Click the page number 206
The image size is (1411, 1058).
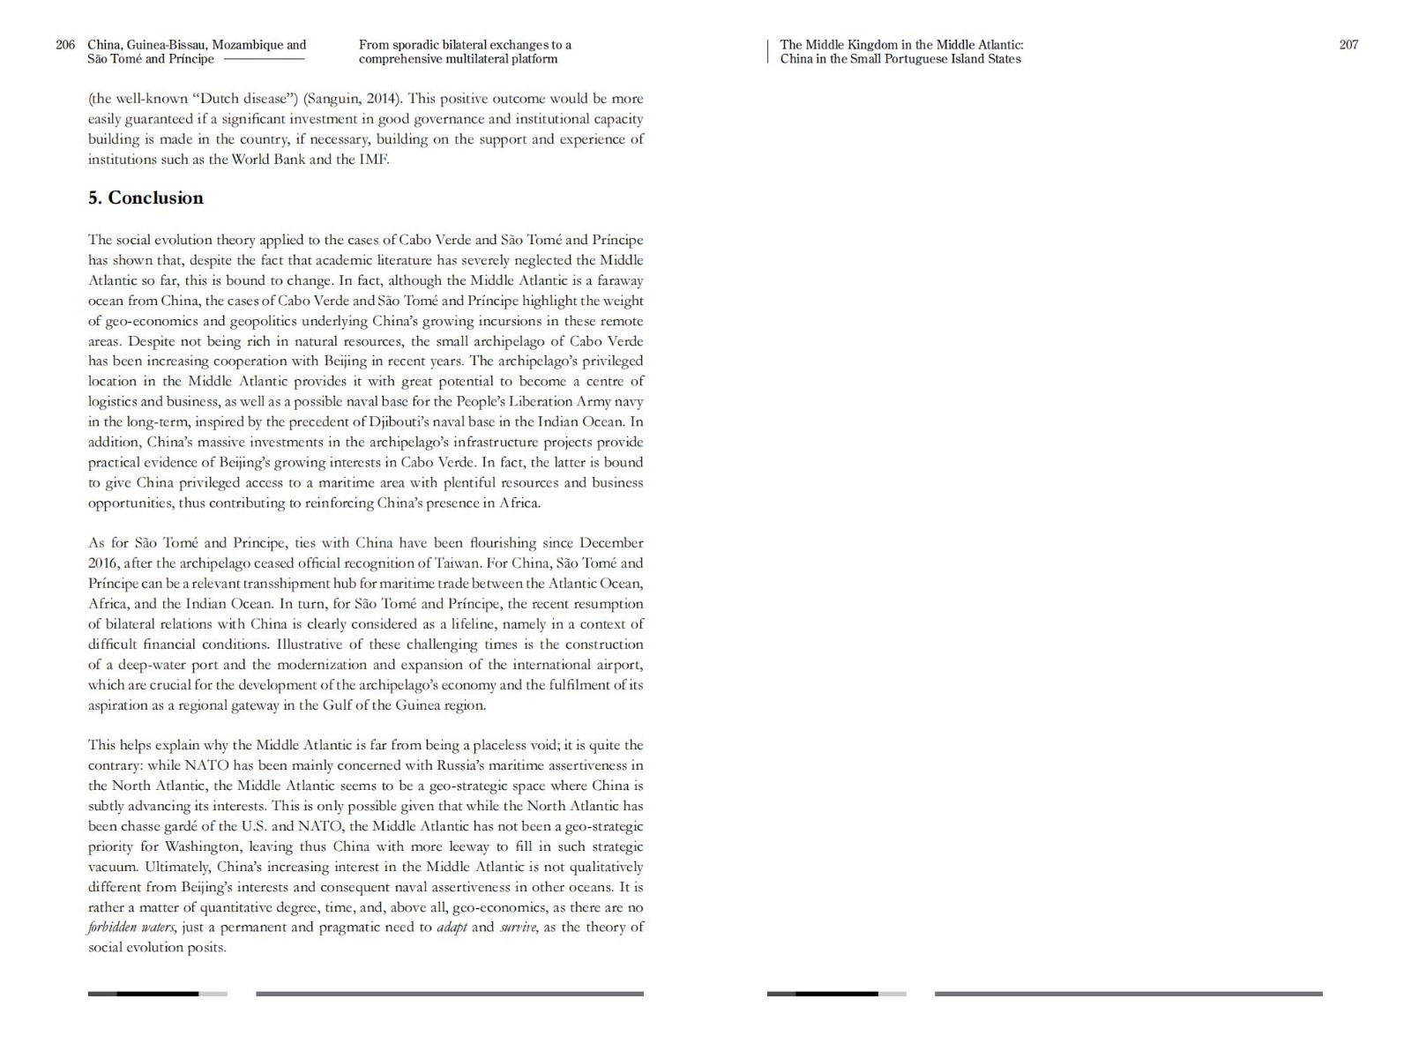(x=65, y=45)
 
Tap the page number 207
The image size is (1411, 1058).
(x=1348, y=45)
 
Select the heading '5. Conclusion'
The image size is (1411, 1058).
(x=146, y=197)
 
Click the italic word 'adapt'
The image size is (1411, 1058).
(x=452, y=928)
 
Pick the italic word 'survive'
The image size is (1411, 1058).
(x=518, y=928)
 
